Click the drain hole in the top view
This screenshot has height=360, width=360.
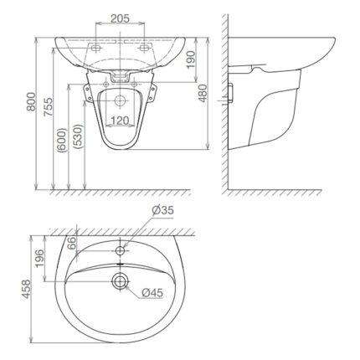pos(122,280)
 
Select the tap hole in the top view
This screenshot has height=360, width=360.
pos(122,249)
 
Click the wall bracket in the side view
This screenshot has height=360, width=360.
pos(231,92)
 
